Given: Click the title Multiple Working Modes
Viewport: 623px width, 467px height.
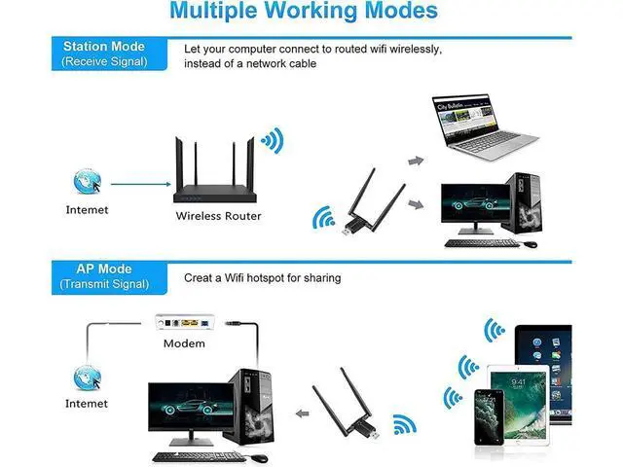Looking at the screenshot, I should point(303,13).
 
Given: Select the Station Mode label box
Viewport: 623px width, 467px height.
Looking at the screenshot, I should point(104,54).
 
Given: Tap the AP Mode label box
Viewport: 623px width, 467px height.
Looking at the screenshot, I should point(104,276).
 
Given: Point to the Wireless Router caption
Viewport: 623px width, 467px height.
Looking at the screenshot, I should point(218,216).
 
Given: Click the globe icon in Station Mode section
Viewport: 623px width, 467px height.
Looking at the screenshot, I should point(86,182).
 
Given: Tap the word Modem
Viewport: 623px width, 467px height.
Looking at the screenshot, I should point(184,342).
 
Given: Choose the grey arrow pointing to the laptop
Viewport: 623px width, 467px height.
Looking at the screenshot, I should point(417,161).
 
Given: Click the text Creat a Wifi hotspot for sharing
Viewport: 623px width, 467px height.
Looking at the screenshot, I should point(263,278).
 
